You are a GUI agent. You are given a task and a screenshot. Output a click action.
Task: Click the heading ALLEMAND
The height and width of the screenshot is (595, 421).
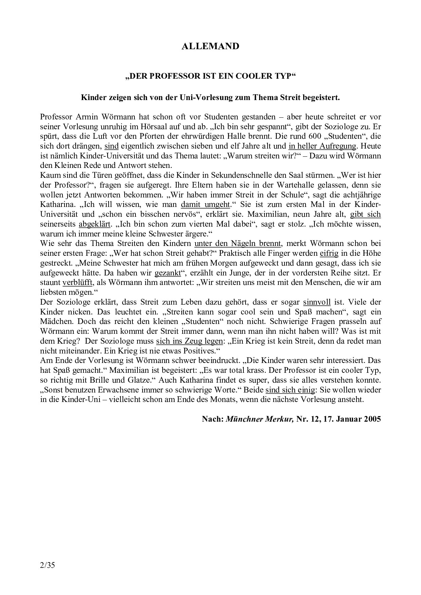click(210, 46)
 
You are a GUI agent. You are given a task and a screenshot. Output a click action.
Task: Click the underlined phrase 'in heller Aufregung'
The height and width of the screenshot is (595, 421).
click(322, 146)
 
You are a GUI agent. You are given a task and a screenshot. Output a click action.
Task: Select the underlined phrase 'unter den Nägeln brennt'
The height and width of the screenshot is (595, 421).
click(238, 243)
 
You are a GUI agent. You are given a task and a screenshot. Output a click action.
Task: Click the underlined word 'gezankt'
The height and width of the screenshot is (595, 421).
click(168, 272)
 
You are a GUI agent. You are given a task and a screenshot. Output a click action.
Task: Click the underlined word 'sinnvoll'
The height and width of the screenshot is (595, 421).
click(316, 302)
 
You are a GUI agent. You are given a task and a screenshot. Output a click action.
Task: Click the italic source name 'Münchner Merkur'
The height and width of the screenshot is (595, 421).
click(260, 419)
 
